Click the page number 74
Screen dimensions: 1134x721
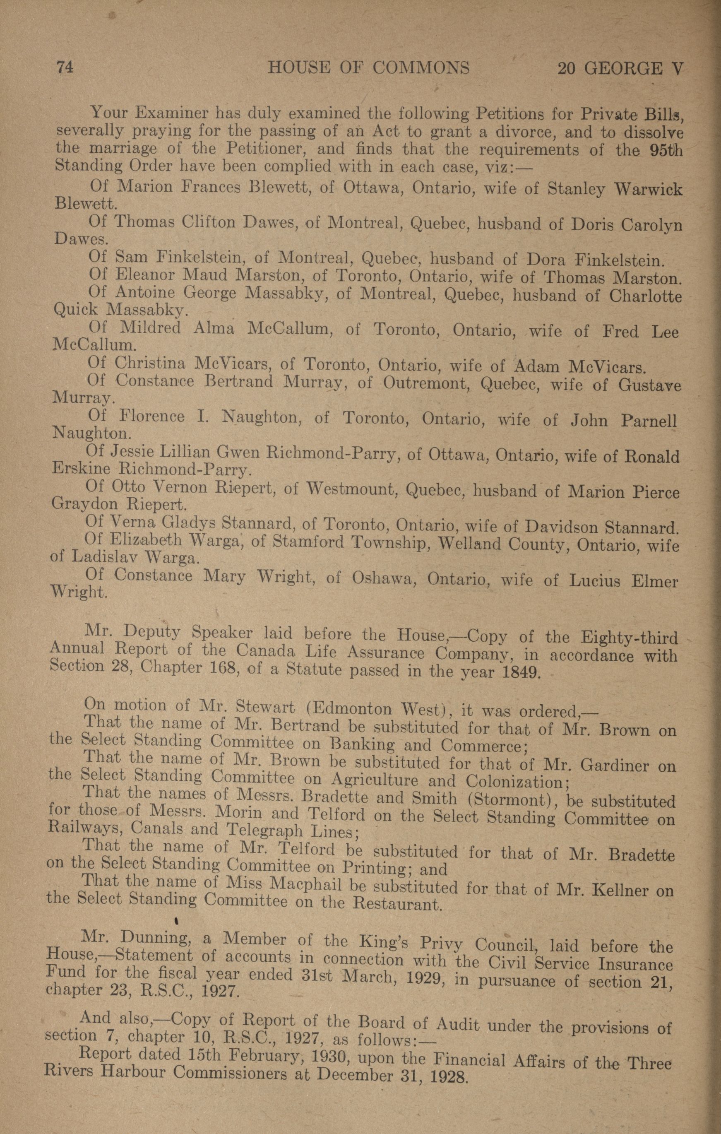click(x=65, y=68)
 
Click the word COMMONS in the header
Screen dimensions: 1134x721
click(x=421, y=69)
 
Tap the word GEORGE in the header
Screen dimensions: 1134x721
click(x=622, y=69)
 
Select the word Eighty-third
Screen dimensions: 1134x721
click(x=629, y=638)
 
